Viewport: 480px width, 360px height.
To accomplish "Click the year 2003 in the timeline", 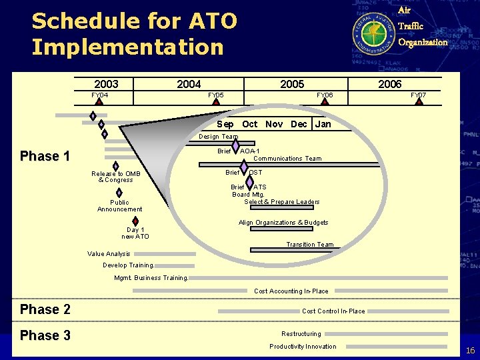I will click(106, 84).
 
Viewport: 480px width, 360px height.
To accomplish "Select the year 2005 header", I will click(292, 84).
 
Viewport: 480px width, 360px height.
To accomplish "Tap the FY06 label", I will click(325, 95).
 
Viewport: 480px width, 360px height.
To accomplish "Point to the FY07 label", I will click(418, 95).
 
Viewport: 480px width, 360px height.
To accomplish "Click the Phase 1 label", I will click(45, 156).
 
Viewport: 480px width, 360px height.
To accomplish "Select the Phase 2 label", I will click(45, 309).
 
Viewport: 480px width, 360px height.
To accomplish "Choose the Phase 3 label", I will click(45, 335).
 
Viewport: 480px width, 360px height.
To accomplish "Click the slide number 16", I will click(470, 350).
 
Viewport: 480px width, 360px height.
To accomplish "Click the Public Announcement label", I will click(119, 206).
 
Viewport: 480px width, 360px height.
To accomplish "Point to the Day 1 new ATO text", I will click(135, 233).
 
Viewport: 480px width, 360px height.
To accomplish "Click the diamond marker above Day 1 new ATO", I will click(135, 221).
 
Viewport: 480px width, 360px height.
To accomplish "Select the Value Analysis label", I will click(109, 253).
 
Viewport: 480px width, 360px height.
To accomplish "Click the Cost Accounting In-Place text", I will click(291, 291).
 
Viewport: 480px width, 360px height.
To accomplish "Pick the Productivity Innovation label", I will click(303, 346).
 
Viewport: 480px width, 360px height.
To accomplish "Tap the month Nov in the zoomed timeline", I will click(273, 124).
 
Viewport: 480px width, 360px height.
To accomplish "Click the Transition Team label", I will click(310, 244).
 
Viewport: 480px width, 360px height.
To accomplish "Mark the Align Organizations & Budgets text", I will click(283, 222).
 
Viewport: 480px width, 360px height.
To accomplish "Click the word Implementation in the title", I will click(127, 47).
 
